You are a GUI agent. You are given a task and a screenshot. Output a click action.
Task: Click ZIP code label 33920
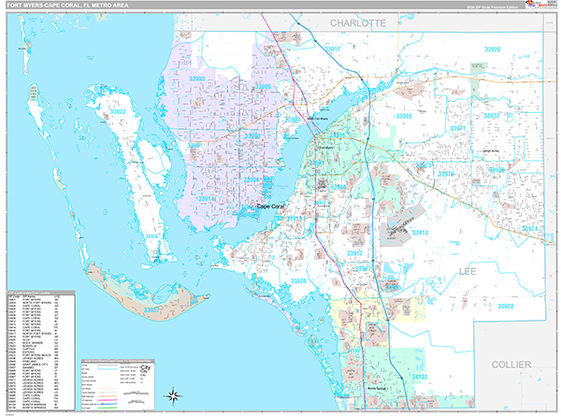pyautogui.click(x=492, y=50)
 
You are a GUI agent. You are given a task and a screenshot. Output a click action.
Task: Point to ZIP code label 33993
pyautogui.click(x=195, y=79)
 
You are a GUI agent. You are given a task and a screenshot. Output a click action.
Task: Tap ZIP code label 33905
pyautogui.click(x=404, y=116)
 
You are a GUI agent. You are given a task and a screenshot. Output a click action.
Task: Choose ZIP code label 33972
pyautogui.click(x=491, y=116)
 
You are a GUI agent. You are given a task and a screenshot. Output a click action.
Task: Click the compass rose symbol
pyautogui.click(x=173, y=396)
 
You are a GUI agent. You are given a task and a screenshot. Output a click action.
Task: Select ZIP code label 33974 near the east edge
pyautogui.click(x=531, y=227)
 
